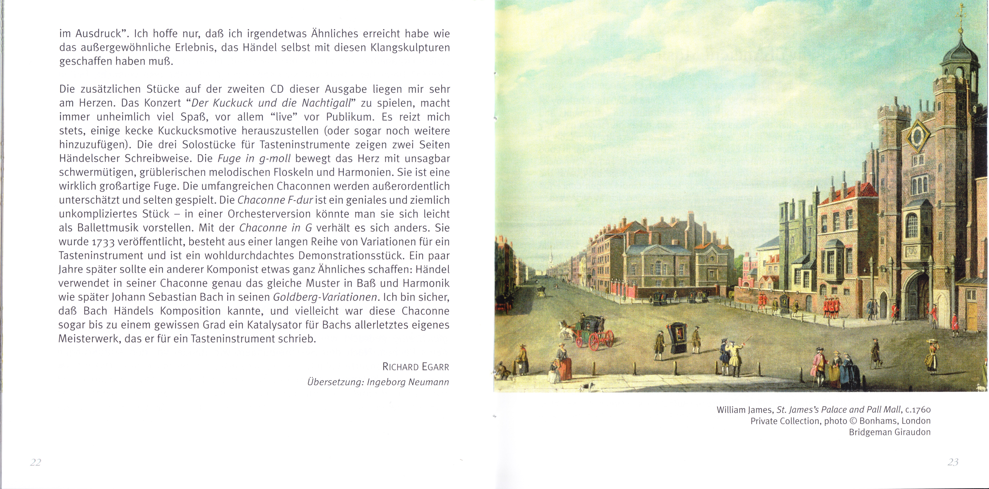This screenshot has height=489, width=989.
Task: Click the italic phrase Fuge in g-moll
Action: (x=254, y=159)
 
